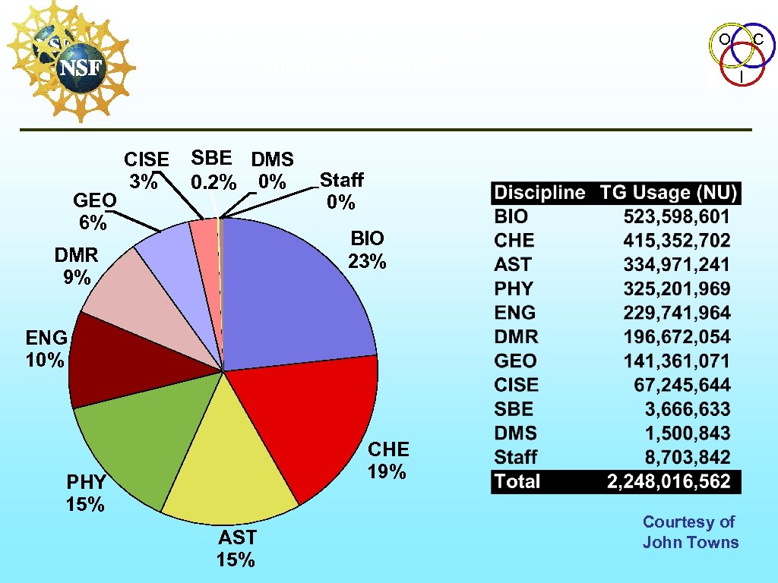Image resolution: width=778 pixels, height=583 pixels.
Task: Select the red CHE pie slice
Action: [312, 425]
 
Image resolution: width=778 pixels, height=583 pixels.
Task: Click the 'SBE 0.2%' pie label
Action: [213, 170]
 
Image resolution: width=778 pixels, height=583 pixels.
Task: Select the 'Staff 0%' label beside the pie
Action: [340, 191]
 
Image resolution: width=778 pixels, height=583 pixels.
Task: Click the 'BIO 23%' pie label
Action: [367, 250]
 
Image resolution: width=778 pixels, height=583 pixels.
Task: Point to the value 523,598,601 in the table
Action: [676, 216]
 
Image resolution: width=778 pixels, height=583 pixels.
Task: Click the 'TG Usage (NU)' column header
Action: [669, 192]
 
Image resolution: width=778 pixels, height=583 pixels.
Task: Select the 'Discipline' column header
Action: [539, 192]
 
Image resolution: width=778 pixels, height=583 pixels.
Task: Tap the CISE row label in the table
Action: [516, 385]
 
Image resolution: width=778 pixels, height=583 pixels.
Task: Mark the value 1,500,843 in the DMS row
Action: [687, 433]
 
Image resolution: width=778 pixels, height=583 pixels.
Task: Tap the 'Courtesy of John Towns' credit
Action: [690, 531]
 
